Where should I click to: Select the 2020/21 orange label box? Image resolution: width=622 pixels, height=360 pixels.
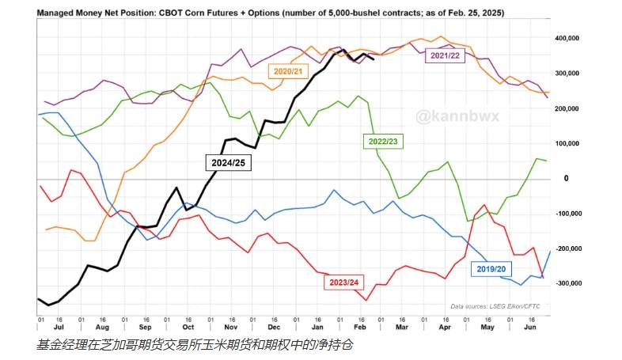pyautogui.click(x=289, y=71)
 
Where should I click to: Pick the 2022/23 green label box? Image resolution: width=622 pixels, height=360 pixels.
pyautogui.click(x=384, y=141)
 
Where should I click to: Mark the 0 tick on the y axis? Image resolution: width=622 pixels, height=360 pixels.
pyautogui.click(x=566, y=178)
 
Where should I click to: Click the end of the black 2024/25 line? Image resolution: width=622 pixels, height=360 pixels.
pyautogui.click(x=374, y=59)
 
